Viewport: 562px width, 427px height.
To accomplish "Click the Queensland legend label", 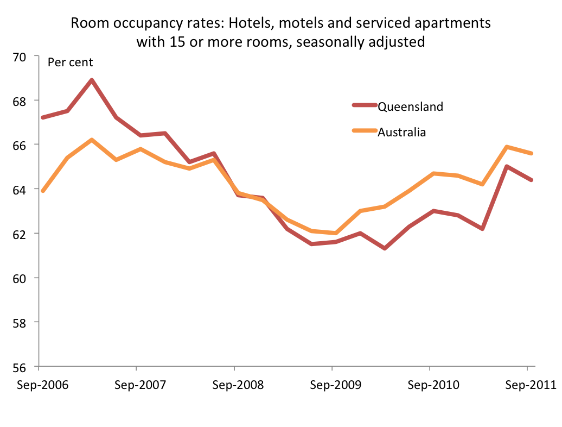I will coord(410,106).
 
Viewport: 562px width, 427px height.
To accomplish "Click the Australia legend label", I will coord(401,132).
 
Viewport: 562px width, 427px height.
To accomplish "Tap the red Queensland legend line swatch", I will coord(365,106).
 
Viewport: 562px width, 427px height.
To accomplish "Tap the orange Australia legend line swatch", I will coord(365,131).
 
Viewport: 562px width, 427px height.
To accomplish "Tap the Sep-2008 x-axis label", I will coord(234,385).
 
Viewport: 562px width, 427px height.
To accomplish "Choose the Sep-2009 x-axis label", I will coord(332,385).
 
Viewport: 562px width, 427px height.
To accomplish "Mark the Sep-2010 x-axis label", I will coord(430,385).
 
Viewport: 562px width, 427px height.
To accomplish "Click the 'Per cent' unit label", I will coord(71,62).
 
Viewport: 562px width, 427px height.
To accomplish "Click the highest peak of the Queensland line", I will coord(92,80).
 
